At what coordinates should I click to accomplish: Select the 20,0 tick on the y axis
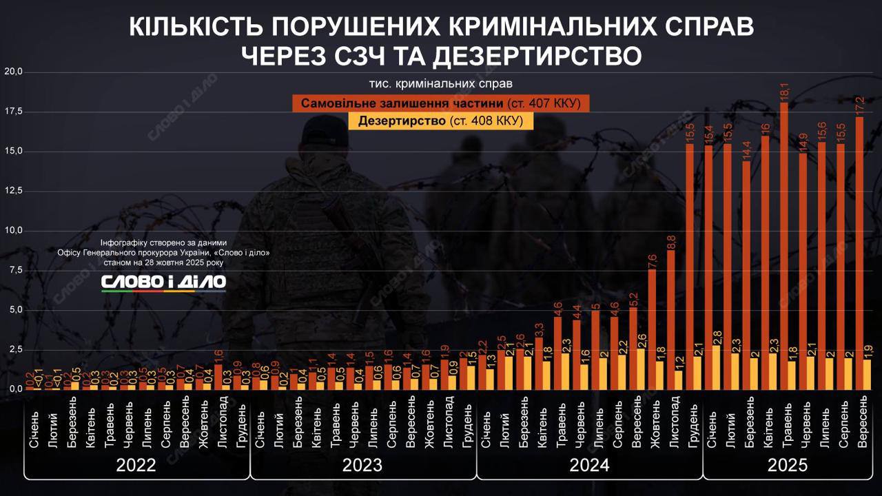[14, 72]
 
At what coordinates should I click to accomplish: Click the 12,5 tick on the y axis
[14, 190]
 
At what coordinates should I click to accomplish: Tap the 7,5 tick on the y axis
[14, 270]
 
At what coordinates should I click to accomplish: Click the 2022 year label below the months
[136, 465]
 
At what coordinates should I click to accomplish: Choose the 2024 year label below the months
[589, 465]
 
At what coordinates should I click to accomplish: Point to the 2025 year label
[788, 465]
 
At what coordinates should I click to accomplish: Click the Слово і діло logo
[163, 282]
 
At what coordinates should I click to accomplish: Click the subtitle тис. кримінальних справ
[441, 84]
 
